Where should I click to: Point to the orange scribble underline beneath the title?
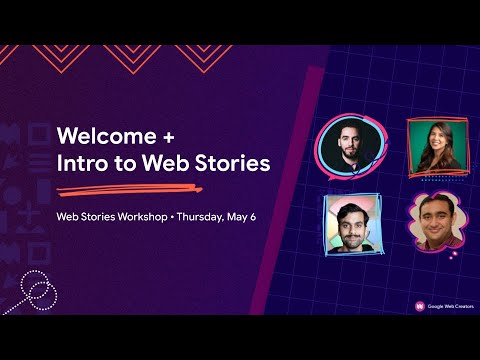click(150, 187)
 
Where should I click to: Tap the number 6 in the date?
click(253, 216)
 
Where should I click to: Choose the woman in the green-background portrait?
click(436, 145)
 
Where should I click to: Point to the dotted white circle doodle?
click(37, 290)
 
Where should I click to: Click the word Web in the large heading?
click(172, 162)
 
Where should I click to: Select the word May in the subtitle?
click(237, 216)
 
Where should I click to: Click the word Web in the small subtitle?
click(67, 216)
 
